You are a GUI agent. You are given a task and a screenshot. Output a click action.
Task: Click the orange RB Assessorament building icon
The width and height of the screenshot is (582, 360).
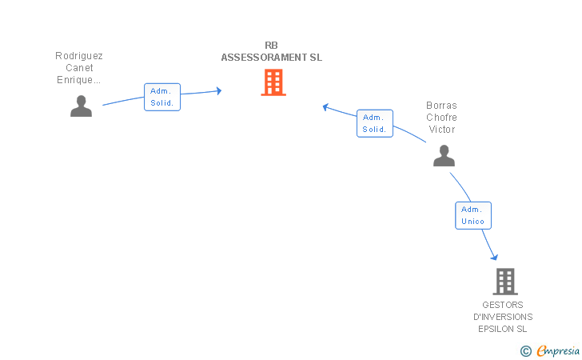[x=273, y=82]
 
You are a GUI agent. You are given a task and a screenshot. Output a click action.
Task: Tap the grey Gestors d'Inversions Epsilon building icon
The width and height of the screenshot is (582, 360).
[x=505, y=282]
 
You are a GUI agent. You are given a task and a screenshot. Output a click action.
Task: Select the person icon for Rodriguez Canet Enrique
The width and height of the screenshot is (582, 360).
[x=81, y=106]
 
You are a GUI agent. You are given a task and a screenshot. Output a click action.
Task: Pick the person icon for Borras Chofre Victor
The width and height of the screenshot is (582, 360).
[x=444, y=155]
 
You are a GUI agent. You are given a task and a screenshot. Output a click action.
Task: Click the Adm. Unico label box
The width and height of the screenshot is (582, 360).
[x=473, y=215]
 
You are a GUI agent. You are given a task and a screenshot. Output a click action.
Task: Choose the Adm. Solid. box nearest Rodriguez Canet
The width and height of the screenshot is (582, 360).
[x=162, y=97]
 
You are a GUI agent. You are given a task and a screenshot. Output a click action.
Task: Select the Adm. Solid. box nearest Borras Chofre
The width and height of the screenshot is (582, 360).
[x=375, y=123]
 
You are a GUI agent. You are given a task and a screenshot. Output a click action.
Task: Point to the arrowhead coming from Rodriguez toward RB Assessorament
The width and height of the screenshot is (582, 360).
[x=219, y=90]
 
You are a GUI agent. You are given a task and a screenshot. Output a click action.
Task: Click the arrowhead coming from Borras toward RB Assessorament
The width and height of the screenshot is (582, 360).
[x=325, y=107]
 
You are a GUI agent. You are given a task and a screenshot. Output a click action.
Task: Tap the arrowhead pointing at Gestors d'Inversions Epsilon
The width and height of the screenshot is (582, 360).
[x=494, y=257]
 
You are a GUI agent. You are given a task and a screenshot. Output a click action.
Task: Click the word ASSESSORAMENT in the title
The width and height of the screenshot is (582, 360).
[x=264, y=58]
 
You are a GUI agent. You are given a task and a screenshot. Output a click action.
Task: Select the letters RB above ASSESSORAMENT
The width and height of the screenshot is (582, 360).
[x=271, y=46]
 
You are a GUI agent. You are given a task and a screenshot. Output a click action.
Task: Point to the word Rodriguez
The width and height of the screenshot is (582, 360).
[x=79, y=56]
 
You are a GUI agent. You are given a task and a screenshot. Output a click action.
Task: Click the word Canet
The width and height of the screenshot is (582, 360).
[x=79, y=68]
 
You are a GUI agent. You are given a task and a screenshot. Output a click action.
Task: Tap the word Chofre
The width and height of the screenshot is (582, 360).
[x=441, y=118]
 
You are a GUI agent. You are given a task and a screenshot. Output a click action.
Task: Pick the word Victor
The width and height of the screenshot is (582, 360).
[x=442, y=130]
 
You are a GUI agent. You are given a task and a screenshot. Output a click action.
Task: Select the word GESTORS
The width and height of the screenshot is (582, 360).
[x=503, y=305]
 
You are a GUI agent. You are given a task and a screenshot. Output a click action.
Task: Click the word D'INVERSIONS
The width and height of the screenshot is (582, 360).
[x=503, y=317]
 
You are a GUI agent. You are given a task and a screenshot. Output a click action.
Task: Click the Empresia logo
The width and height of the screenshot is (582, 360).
[x=550, y=350]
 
